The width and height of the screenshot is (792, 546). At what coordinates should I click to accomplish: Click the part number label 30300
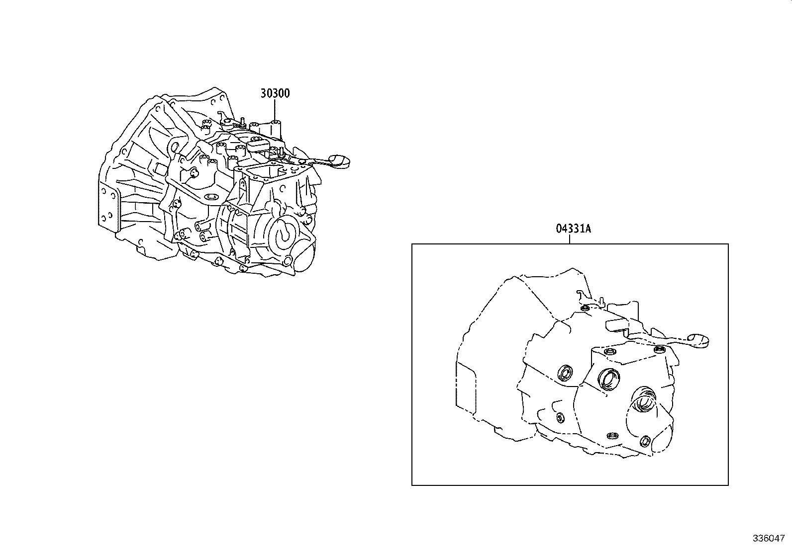[x=275, y=93]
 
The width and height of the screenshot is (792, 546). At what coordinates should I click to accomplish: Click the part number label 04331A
[x=573, y=229]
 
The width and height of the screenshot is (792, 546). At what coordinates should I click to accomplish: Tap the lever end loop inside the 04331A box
[x=699, y=340]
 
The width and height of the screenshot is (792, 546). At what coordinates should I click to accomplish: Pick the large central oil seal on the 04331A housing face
[x=609, y=379]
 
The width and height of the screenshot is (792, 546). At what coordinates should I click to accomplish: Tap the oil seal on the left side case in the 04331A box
[x=565, y=373]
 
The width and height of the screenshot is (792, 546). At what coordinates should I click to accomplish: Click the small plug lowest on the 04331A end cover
[x=646, y=441]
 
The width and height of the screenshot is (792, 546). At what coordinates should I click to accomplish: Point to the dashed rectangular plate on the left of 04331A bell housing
[x=466, y=388]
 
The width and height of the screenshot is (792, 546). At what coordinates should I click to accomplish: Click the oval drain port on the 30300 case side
[x=211, y=197]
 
